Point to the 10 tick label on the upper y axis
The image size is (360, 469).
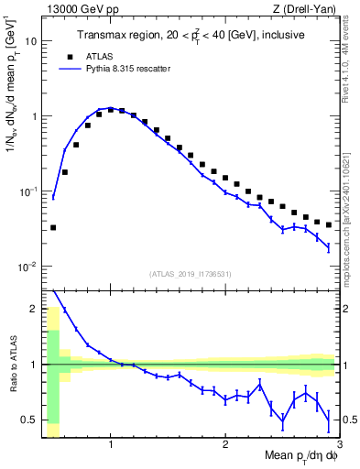tap(30, 41)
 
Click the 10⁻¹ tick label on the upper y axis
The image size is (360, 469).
tap(27, 191)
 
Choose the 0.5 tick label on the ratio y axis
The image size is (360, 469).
tap(28, 420)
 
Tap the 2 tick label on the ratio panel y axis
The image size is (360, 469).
tap(33, 309)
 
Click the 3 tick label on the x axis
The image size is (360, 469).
tap(339, 445)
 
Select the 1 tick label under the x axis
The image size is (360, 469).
tap(111, 445)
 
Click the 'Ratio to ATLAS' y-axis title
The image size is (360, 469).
tap(12, 364)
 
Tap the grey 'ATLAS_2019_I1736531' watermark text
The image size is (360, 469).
tap(190, 274)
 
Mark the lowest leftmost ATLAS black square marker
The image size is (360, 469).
tap(53, 227)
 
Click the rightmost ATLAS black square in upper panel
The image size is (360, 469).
tap(328, 224)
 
